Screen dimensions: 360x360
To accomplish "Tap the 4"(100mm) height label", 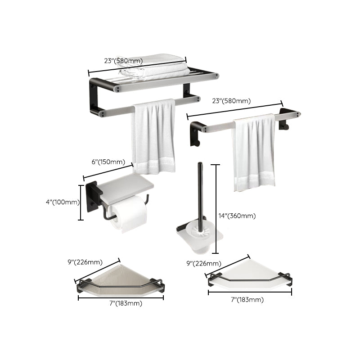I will pyautogui.click(x=63, y=202).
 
